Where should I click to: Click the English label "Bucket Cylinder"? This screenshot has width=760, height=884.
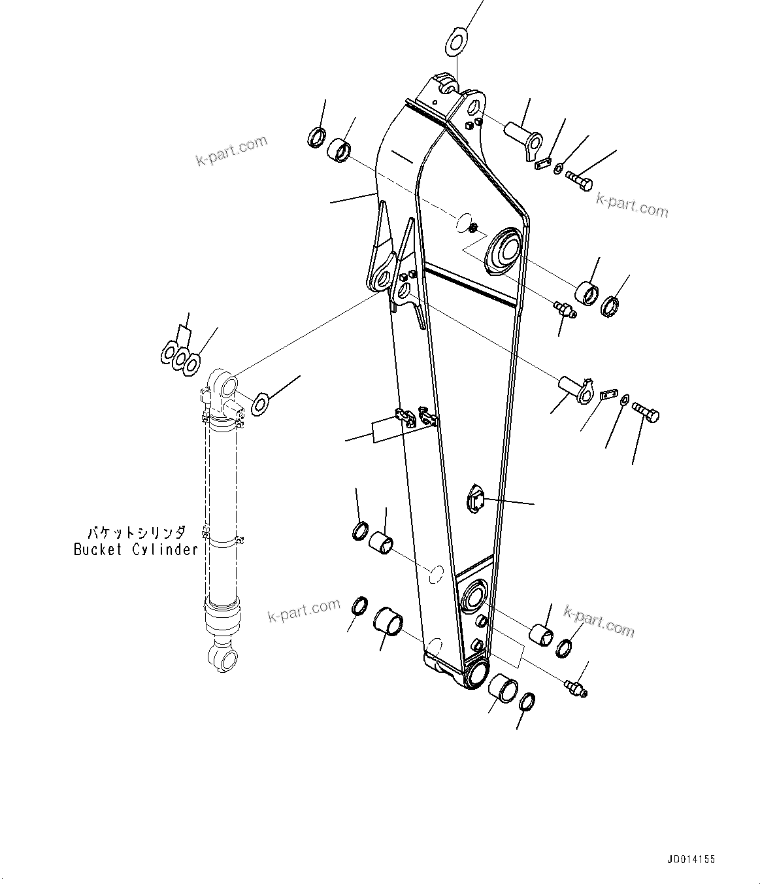(x=135, y=549)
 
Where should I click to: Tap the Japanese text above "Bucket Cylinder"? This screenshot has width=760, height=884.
(x=137, y=533)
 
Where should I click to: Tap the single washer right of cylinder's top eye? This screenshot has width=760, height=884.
(x=260, y=403)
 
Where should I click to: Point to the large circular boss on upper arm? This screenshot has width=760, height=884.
(x=504, y=251)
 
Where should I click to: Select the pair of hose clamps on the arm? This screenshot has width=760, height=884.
(x=416, y=418)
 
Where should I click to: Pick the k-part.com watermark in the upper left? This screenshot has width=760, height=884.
(x=231, y=151)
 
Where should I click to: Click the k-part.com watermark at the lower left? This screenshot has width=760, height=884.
(x=304, y=611)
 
